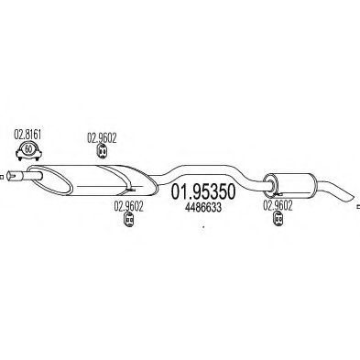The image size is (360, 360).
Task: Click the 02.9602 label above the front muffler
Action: (x=101, y=137)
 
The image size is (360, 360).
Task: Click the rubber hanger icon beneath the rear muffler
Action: (x=273, y=193)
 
